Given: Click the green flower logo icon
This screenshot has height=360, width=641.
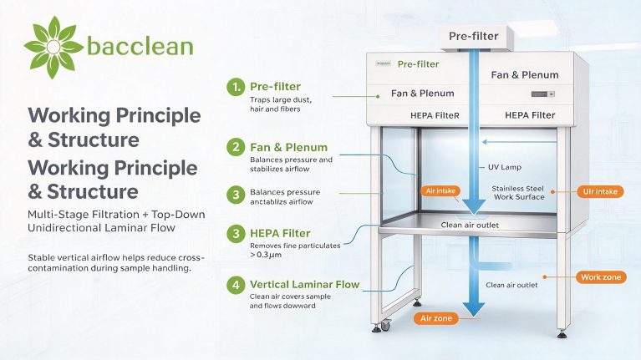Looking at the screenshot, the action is pyautogui.click(x=53, y=47).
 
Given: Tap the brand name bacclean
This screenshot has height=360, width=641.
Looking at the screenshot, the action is pyautogui.click(x=140, y=46).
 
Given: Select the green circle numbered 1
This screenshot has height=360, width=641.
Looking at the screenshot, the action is pyautogui.click(x=236, y=87).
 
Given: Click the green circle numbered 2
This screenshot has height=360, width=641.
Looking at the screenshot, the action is pyautogui.click(x=236, y=147).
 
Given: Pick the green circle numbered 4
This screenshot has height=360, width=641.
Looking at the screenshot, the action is pyautogui.click(x=236, y=284).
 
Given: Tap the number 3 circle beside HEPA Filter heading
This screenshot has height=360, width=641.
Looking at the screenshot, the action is pyautogui.click(x=236, y=234).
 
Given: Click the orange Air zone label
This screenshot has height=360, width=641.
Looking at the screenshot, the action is pyautogui.click(x=436, y=318).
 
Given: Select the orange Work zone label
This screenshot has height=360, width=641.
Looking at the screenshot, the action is pyautogui.click(x=601, y=277).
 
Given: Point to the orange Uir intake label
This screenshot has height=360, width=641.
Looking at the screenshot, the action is pyautogui.click(x=600, y=191).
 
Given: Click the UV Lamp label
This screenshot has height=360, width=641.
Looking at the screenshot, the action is pyautogui.click(x=505, y=167).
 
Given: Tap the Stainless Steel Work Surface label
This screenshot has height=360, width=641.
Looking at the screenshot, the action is pyautogui.click(x=518, y=192).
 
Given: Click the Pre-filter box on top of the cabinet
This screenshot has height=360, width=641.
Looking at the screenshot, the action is pyautogui.click(x=474, y=38).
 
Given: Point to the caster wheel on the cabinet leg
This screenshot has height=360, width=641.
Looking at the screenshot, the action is pyautogui.click(x=385, y=325).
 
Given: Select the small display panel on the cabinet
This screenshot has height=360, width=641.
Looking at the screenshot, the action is pyautogui.click(x=543, y=94).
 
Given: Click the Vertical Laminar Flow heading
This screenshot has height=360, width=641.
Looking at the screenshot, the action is pyautogui.click(x=304, y=284).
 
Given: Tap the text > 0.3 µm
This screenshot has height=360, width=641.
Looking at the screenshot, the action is pyautogui.click(x=266, y=255).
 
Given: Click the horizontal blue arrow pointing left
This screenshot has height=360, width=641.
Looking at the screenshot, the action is pyautogui.click(x=519, y=142).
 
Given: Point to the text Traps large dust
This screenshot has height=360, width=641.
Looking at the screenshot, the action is pyautogui.click(x=281, y=99).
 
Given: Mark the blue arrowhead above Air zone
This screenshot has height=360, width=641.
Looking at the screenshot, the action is pyautogui.click(x=474, y=309).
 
